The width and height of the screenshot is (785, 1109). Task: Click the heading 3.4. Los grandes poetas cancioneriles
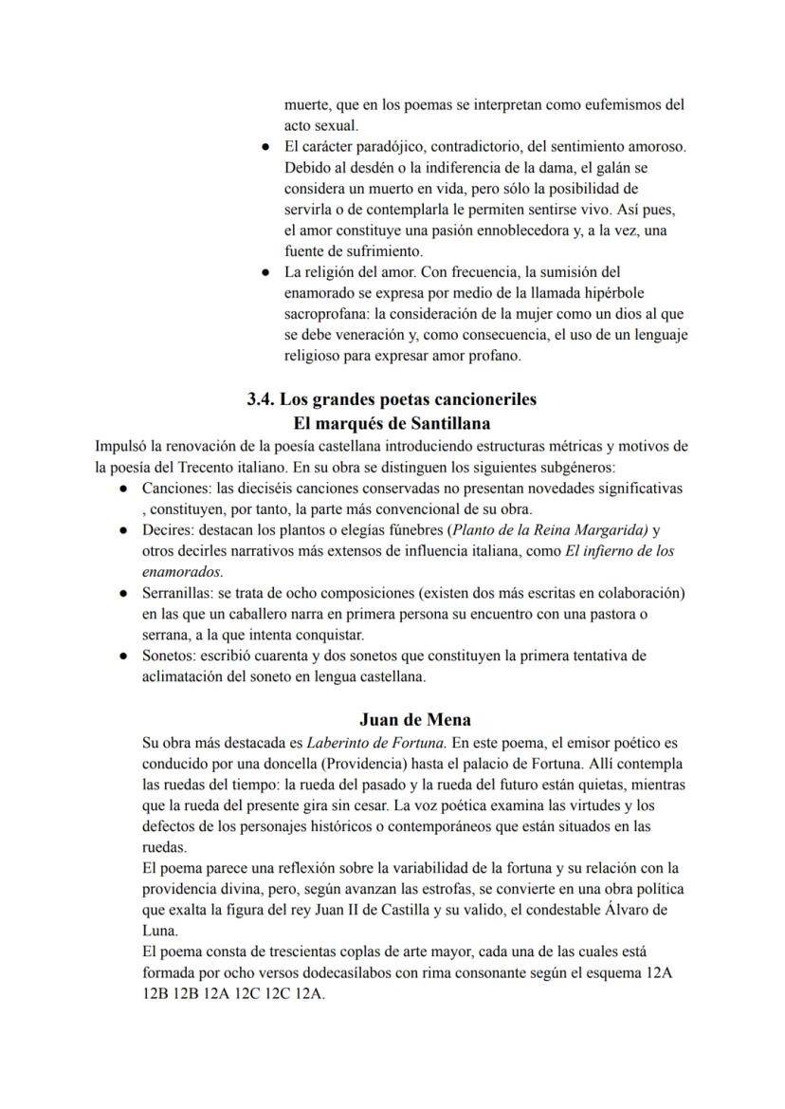point(392,399)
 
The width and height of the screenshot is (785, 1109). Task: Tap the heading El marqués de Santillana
point(392,423)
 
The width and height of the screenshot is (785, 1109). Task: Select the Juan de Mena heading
point(415,719)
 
